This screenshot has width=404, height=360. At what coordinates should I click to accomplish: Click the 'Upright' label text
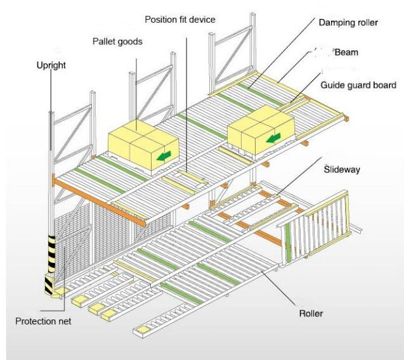pos(53,65)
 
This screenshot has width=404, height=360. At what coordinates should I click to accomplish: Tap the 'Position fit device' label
pos(179,20)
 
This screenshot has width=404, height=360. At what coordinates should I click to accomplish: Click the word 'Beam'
pos(346,54)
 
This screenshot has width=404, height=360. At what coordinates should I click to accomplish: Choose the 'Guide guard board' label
pos(358,84)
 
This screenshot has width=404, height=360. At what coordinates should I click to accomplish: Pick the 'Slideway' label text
pos(342,169)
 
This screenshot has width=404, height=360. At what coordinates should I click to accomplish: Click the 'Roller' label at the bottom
pos(313,313)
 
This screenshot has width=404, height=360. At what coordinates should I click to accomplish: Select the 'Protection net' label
pos(43,321)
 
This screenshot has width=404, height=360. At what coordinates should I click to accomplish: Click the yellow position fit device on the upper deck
pos(183,177)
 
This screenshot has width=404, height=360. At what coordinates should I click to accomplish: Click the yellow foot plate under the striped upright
pos(62,293)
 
